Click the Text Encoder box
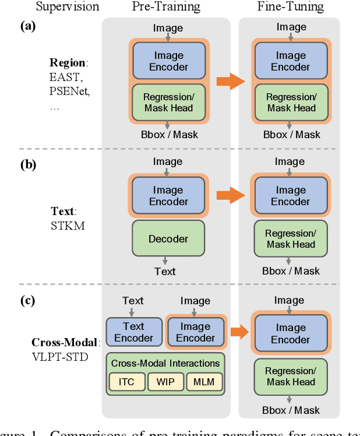133,332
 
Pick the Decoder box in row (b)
168,238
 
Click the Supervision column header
67,8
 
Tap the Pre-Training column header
166,8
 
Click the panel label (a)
27,26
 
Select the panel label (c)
27,301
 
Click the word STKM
68,225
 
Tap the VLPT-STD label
61,357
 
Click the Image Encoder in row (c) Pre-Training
195,332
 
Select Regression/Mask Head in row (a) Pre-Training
168,102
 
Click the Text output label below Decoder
165,271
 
